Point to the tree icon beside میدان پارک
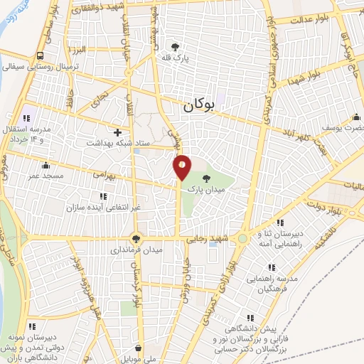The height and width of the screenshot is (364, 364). [x=206, y=178]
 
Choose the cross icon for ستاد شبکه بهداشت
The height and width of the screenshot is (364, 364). [x=117, y=132]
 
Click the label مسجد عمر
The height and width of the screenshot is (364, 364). [x=46, y=175]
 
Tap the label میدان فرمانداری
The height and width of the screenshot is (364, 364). [x=136, y=251]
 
